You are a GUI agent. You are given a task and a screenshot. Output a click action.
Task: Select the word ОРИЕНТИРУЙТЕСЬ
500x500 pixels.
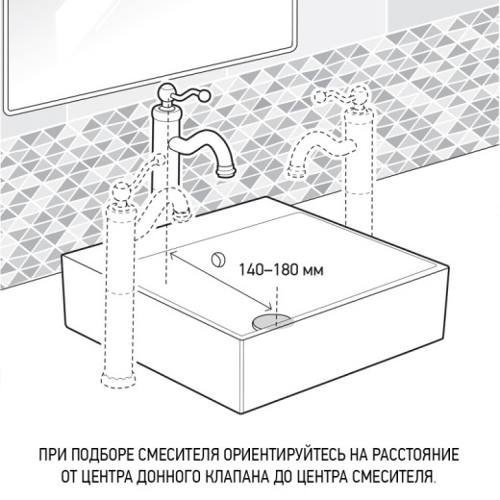click(295, 454)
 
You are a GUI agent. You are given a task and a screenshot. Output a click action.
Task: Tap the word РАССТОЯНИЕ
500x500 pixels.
click(416, 454)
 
